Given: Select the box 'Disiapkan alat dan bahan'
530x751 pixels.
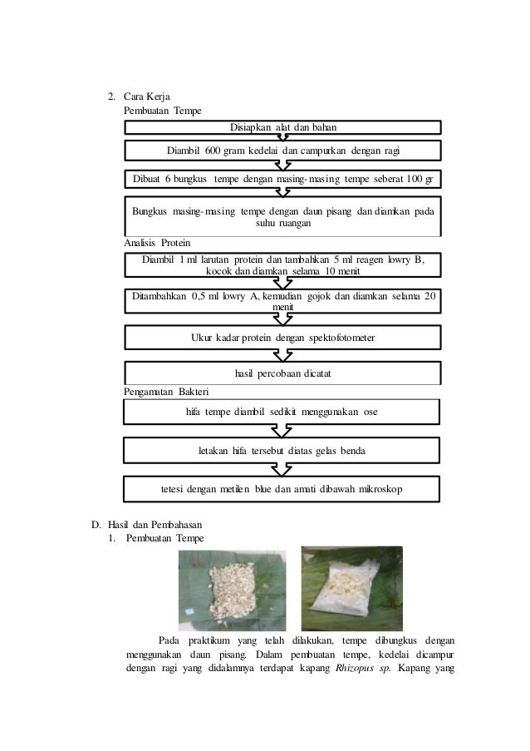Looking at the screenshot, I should tap(282, 126).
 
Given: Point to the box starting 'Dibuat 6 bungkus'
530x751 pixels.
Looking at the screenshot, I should tap(282, 179).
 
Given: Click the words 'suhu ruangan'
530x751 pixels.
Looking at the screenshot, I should tap(282, 224).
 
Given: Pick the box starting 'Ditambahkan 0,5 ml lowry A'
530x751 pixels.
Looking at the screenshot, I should tap(282, 300).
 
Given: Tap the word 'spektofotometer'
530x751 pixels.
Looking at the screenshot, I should tap(332, 338).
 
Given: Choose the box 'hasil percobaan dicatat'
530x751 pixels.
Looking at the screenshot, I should tap(282, 374).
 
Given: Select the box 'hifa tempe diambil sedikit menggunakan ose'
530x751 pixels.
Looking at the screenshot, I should tap(282, 411).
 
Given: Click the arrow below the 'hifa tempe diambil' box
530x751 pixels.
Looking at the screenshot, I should tap(282, 431).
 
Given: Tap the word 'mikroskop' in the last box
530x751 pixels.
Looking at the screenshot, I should tap(381, 489).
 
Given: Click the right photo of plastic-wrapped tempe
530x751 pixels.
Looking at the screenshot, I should tap(351, 585).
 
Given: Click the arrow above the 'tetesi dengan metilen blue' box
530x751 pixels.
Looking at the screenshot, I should tap(282, 470).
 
